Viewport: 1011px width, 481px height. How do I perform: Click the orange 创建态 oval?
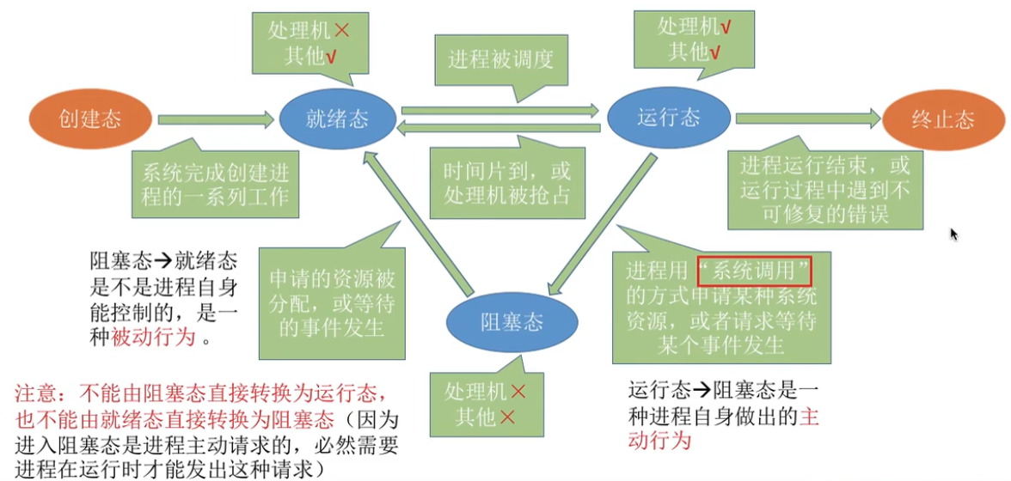pos(90,119)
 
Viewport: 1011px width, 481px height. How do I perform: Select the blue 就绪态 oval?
pos(337,119)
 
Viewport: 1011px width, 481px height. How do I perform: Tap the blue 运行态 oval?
pos(669,118)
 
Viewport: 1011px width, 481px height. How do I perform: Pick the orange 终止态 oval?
pos(943,119)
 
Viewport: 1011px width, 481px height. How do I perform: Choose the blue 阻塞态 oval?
pos(512,322)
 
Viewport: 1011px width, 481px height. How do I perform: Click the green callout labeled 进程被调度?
pos(500,59)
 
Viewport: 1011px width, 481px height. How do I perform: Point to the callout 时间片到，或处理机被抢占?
pos(500,182)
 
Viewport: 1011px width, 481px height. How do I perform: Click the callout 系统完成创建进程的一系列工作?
pos(215,183)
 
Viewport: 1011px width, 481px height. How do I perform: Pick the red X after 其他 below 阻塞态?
pos(508,417)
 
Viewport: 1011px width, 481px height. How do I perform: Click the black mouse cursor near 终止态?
pos(953,233)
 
